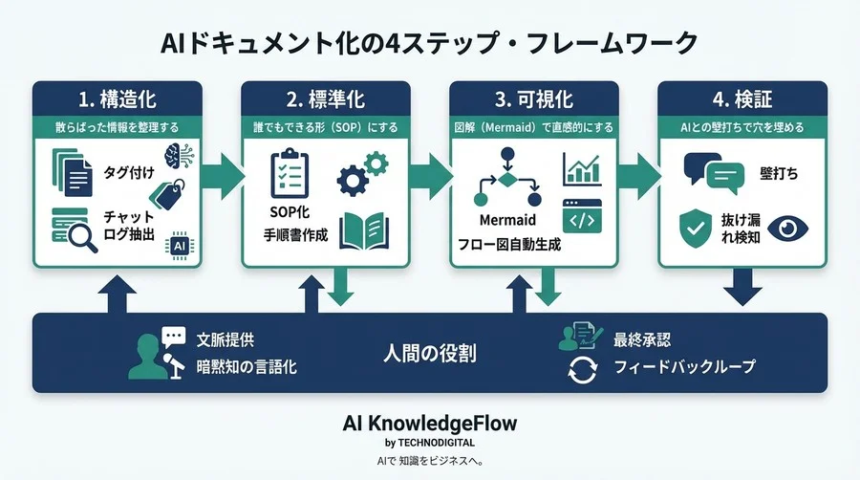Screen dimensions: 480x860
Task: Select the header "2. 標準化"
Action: tap(325, 98)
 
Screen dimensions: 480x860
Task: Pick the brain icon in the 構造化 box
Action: tap(180, 158)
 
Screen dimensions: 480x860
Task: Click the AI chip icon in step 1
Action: tap(180, 245)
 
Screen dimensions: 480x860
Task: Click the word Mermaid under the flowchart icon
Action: tap(507, 220)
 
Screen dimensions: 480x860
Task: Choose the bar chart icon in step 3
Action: tap(581, 168)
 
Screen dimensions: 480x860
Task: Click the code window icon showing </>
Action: tap(581, 218)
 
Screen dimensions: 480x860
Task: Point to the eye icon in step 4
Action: tap(787, 228)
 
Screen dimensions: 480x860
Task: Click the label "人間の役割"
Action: tap(429, 353)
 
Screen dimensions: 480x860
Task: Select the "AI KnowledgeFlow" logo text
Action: tap(429, 423)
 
